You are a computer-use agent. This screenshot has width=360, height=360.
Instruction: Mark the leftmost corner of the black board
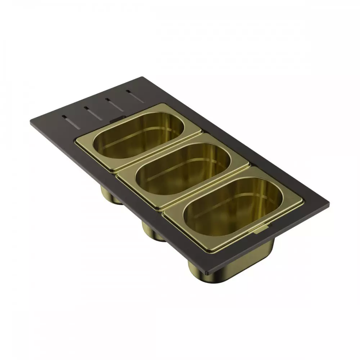[x=31, y=122]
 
